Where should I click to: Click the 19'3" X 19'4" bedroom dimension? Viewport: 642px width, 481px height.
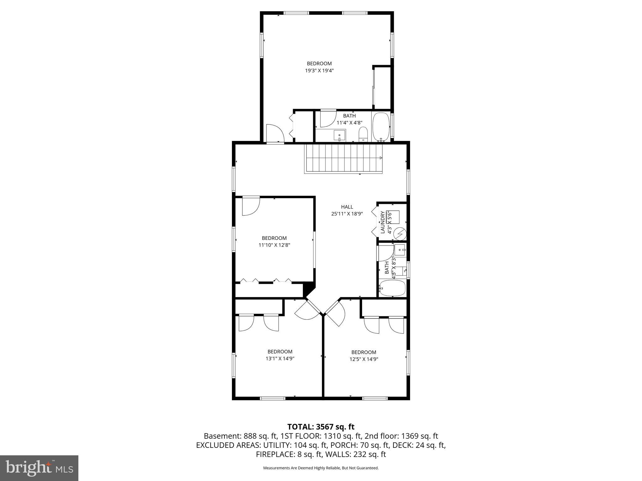pyautogui.click(x=319, y=71)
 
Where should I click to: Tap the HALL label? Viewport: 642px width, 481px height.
pyautogui.click(x=347, y=207)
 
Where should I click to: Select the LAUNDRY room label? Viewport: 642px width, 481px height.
pyautogui.click(x=382, y=222)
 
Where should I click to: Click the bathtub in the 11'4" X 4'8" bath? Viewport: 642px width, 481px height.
pyautogui.click(x=381, y=127)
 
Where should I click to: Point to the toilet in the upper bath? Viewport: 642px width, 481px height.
pyautogui.click(x=363, y=134)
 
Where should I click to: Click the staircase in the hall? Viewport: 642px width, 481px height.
pyautogui.click(x=344, y=158)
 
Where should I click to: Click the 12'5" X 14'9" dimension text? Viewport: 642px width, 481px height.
pyautogui.click(x=364, y=359)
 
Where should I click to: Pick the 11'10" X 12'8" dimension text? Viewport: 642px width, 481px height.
pyautogui.click(x=274, y=245)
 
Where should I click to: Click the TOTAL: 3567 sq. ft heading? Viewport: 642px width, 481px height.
pyautogui.click(x=321, y=427)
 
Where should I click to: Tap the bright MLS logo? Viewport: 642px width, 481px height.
pyautogui.click(x=39, y=468)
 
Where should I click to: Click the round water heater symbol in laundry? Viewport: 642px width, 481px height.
pyautogui.click(x=400, y=234)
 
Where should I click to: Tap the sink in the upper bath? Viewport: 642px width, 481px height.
pyautogui.click(x=339, y=136)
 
